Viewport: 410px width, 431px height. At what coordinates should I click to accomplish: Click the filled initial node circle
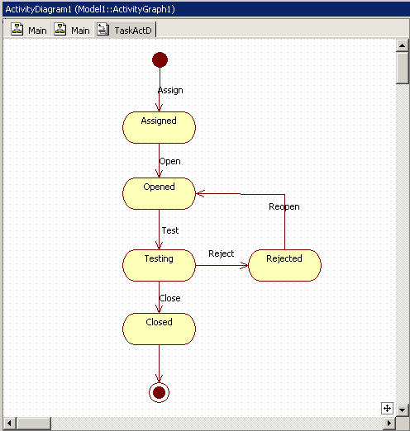(160, 59)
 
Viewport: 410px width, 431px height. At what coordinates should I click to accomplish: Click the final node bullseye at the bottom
(159, 392)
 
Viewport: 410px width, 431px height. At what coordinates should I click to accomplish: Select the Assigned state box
(159, 127)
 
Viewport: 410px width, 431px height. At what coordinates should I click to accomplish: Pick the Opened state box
(159, 193)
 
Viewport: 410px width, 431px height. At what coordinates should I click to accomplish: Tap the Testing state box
(159, 265)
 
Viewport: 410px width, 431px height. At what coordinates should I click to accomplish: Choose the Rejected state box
(284, 265)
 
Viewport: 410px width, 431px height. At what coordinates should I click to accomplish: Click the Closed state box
(159, 329)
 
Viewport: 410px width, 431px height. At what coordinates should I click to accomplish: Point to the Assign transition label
(170, 91)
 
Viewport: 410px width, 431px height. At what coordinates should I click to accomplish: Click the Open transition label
(169, 161)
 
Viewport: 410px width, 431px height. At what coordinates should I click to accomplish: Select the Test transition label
(170, 230)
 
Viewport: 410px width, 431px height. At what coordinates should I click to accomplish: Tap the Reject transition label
(221, 253)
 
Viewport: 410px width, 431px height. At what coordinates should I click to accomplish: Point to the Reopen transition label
(284, 206)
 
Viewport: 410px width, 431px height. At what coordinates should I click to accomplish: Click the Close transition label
(169, 298)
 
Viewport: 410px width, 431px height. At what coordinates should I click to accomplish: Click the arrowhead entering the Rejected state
(245, 266)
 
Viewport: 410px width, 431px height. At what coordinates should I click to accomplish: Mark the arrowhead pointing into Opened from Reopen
(200, 193)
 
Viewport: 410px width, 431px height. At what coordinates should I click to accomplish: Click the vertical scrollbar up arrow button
(402, 45)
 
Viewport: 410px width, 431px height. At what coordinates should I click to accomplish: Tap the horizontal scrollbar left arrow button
(9, 423)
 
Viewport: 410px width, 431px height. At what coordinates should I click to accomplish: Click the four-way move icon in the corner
(387, 409)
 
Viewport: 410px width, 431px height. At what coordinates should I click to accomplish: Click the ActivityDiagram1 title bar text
(90, 9)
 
